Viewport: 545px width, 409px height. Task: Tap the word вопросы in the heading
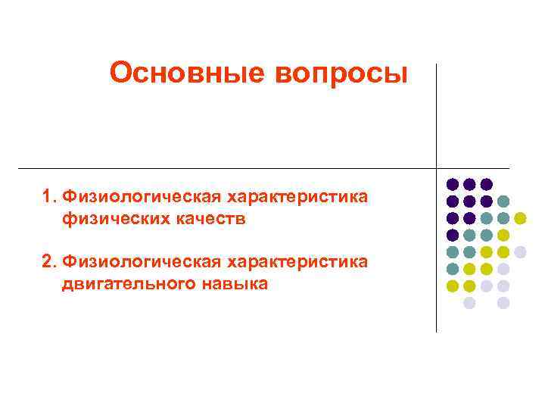coord(344,73)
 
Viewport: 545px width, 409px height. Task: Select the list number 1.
coord(48,198)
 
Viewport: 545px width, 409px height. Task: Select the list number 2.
coord(48,262)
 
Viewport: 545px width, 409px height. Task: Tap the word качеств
coord(211,220)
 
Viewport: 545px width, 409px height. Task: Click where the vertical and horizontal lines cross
coord(437,167)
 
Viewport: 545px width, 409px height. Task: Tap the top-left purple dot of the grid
coord(453,184)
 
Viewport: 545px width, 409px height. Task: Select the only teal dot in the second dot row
coord(503,201)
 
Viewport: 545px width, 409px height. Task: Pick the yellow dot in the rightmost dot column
coord(520,218)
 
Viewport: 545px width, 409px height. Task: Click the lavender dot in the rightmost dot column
coord(520,251)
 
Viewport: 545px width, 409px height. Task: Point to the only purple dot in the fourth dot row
coord(453,235)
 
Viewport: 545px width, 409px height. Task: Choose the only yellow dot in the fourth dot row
coord(503,235)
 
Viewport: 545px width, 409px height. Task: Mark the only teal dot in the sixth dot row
coord(453,269)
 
